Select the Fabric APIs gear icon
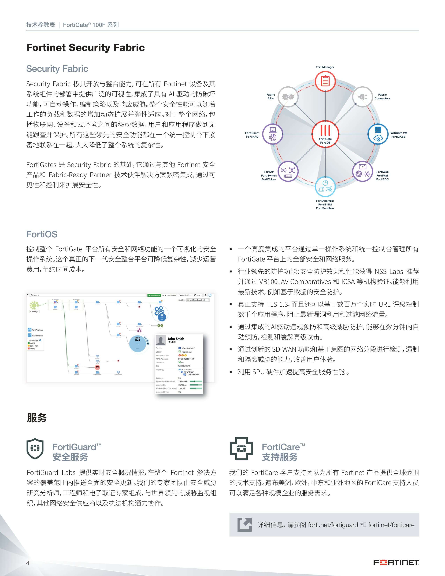[x=288, y=97]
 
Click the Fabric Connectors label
[x=382, y=97]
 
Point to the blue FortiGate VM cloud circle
[x=378, y=134]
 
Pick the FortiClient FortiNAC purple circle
[x=273, y=134]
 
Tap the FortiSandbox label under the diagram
[x=325, y=208]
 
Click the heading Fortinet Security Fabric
[x=85, y=48]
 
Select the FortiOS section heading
[x=42, y=234]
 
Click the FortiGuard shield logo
[x=35, y=448]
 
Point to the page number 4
[x=28, y=563]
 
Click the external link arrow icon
[x=244, y=524]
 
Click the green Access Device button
[x=154, y=295]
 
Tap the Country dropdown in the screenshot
[x=34, y=312]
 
